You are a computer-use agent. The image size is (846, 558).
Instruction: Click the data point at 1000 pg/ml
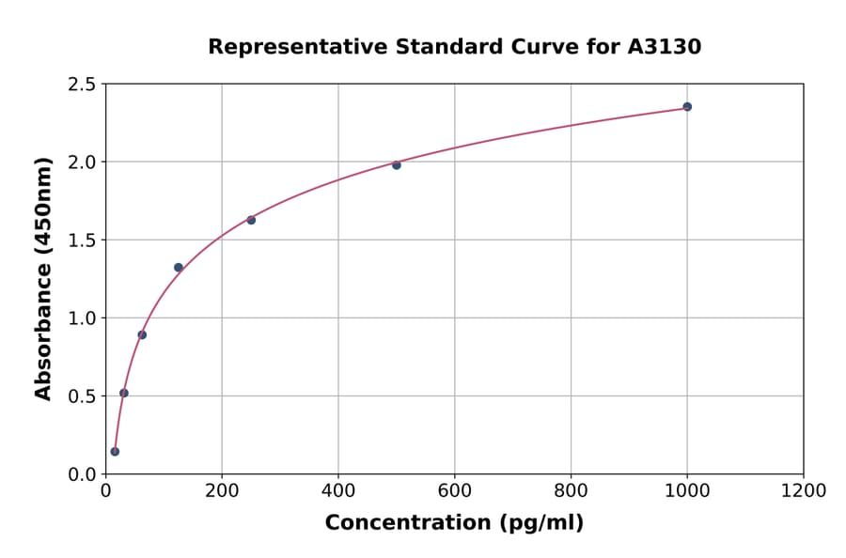tap(687, 107)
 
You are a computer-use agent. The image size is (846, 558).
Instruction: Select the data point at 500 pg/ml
tap(397, 165)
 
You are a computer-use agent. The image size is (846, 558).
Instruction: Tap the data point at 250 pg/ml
tap(251, 220)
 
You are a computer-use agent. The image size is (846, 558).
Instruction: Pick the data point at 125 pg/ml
tap(179, 268)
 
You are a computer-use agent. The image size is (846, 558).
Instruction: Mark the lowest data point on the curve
tap(115, 452)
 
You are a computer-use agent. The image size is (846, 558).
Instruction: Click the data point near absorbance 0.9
tap(142, 334)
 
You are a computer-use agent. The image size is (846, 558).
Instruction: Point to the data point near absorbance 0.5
tap(124, 393)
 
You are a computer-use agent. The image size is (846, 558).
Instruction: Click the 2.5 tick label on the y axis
tap(82, 85)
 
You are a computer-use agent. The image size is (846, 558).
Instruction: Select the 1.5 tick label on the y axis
tap(82, 240)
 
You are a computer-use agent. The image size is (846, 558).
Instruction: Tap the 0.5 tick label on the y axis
tap(82, 396)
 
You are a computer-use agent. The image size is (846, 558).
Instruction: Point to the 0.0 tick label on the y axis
tap(82, 474)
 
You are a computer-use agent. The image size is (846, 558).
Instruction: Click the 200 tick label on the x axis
tap(222, 490)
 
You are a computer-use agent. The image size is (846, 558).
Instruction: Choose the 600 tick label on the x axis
tap(455, 490)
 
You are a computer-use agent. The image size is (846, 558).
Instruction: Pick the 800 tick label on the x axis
tap(572, 490)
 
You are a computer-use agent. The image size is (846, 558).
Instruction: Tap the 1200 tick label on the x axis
tap(804, 490)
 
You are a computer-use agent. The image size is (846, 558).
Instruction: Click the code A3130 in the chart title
tap(665, 47)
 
